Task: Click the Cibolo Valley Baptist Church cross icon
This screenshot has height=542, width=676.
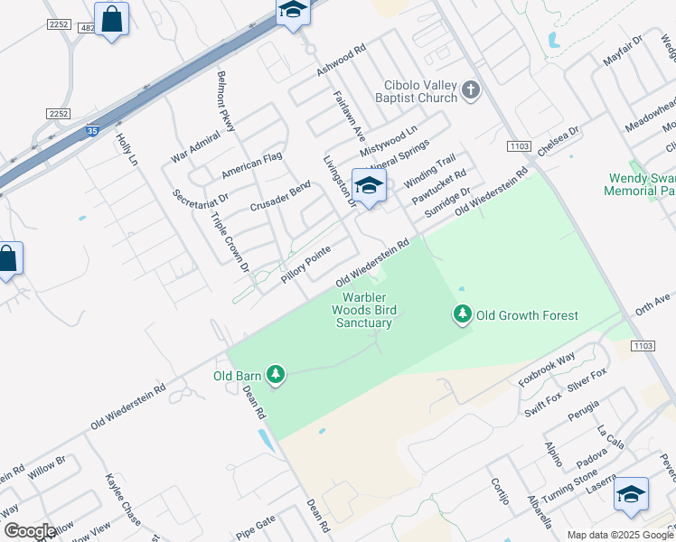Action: [x=471, y=89]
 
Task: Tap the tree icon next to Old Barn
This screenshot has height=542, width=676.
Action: [x=276, y=374]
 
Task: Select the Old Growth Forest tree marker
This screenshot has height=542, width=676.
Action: [x=463, y=314]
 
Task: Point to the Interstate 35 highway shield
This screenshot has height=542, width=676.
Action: [x=92, y=131]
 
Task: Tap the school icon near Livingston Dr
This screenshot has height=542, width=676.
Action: [x=369, y=185]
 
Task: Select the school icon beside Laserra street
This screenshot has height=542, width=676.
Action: [x=631, y=493]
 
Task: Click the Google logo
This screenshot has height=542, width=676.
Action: [x=30, y=531]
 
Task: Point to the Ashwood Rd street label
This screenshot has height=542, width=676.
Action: [x=339, y=60]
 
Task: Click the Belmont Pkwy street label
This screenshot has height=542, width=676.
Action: [x=226, y=101]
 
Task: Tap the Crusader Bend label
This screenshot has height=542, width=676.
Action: [x=280, y=196]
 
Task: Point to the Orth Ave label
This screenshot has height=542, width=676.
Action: [x=653, y=303]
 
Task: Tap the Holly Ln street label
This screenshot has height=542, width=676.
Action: [x=127, y=149]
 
